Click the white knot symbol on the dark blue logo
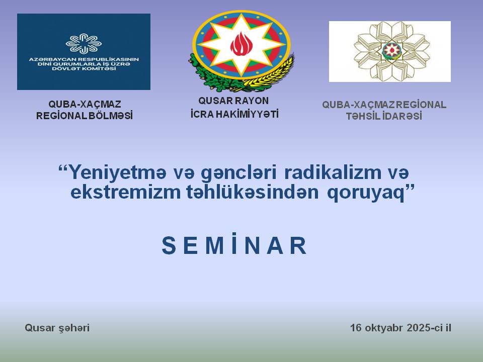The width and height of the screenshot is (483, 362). [x=84, y=43]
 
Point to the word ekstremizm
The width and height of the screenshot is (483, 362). [x=125, y=192]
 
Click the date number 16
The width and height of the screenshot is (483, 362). [x=356, y=328]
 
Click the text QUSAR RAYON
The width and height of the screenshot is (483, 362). [x=233, y=101]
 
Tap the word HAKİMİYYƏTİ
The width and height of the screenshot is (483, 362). [x=247, y=114]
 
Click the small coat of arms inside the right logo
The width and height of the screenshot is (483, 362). [x=391, y=50]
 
